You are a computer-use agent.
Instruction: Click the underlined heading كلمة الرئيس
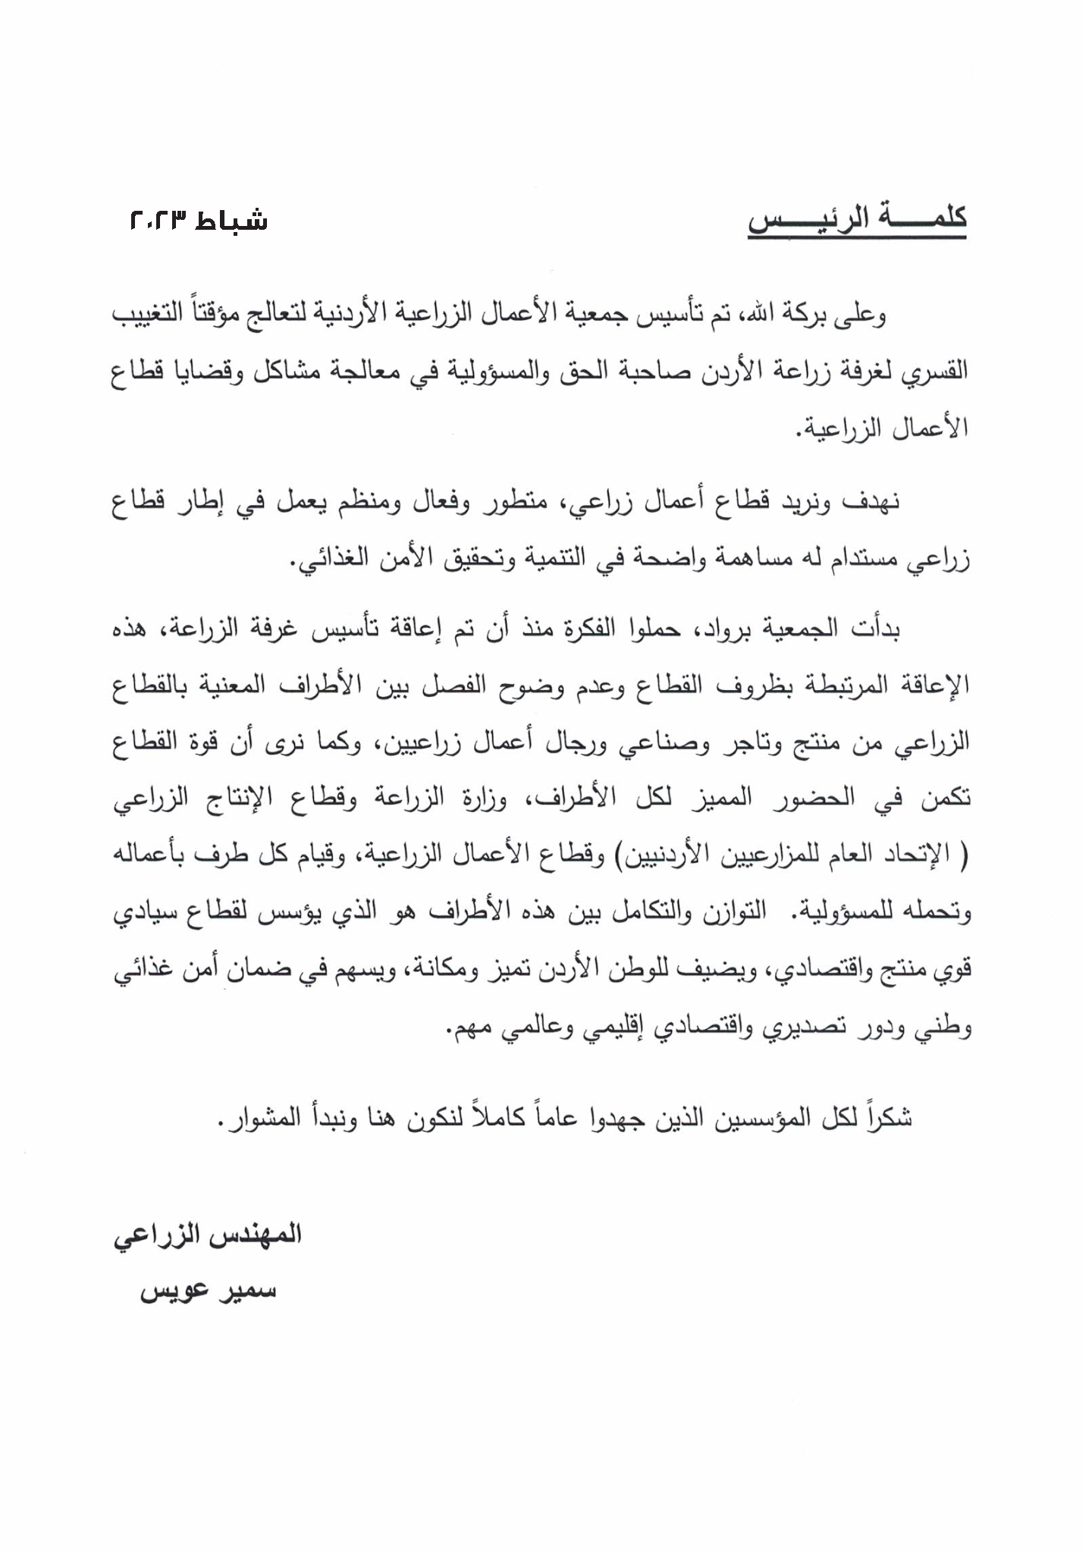(858, 220)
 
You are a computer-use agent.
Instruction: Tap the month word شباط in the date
(231, 221)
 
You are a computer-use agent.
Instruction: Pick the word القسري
(939, 372)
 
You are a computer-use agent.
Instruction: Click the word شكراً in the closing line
(887, 1118)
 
